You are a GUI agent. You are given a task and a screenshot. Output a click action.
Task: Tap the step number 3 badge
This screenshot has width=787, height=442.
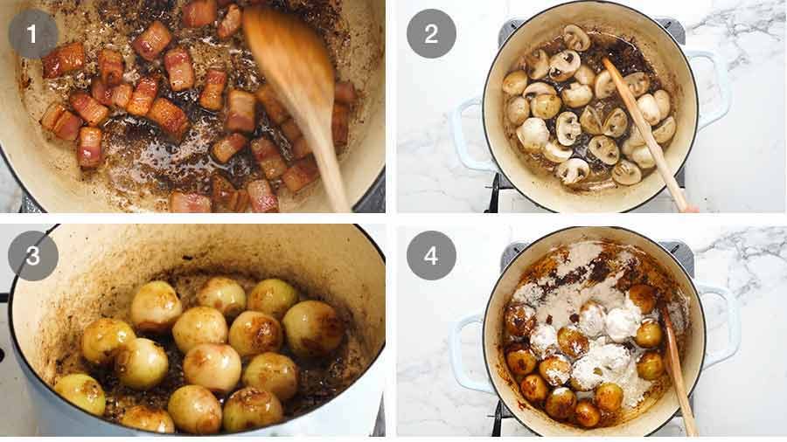coord(32,255)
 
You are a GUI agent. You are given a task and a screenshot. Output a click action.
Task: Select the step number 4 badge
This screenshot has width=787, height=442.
coord(431,255)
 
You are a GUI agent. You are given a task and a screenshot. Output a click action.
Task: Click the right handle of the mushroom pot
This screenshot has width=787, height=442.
coord(712,87)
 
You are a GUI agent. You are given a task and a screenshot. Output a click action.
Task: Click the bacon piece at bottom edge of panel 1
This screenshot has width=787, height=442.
coord(190,203)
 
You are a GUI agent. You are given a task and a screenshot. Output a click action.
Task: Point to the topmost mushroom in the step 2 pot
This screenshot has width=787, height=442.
coord(575,37)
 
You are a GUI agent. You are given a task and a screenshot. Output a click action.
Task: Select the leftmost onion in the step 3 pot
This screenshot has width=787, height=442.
coord(80,393)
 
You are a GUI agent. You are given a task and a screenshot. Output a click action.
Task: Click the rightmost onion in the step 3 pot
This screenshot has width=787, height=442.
coord(312,328)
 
